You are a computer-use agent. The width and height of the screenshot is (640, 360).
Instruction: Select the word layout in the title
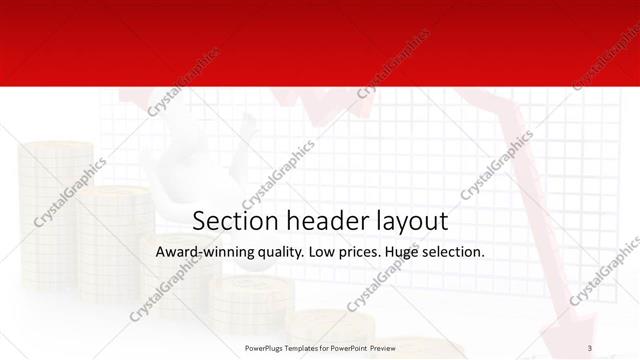[406, 220]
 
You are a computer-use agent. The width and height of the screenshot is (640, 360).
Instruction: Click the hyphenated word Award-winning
[202, 251]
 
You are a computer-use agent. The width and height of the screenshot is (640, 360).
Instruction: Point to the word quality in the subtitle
[277, 252]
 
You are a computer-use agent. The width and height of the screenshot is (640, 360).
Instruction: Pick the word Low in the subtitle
[324, 251]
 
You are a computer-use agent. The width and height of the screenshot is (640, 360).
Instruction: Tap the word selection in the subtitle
[455, 251]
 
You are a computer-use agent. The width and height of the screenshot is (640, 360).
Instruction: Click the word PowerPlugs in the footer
[266, 348]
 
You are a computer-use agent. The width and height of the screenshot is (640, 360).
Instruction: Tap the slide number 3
[590, 348]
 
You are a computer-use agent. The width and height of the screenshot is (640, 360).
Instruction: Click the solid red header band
[320, 40]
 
